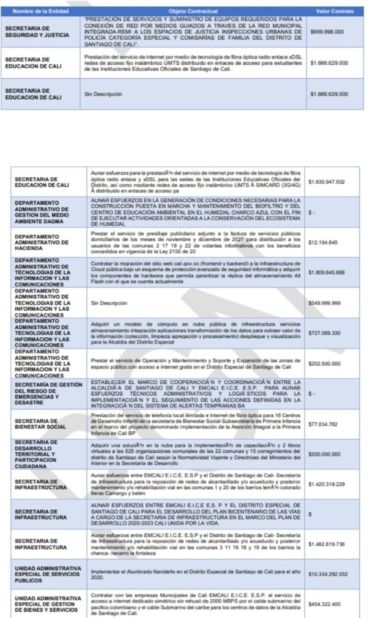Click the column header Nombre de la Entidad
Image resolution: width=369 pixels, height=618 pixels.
point(41,11)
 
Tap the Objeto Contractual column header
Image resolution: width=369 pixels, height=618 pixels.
point(193,11)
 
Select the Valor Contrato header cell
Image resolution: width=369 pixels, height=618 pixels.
point(334,11)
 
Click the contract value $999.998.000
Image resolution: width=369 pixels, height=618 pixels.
point(327,32)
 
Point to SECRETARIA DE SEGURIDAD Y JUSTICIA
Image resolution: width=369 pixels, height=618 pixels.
point(37,32)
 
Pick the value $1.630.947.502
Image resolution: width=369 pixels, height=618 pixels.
point(326,182)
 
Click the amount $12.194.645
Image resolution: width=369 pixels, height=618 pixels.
point(323,242)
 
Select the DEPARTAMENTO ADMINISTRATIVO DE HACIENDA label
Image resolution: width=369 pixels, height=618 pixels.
point(42,242)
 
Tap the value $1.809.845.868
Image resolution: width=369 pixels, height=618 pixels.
point(326,272)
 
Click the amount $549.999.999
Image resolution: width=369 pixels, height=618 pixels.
point(324,303)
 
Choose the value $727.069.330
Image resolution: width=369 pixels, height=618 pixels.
point(324,333)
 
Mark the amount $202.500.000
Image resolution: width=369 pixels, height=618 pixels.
point(324,364)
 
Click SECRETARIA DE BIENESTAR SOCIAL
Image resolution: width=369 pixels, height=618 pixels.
point(40,424)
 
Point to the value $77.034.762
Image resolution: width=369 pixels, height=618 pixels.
point(323,424)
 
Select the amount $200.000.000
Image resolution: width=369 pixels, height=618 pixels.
point(324,454)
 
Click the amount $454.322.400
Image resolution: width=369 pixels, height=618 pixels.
point(324,604)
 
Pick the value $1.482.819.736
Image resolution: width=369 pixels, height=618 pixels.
point(326,544)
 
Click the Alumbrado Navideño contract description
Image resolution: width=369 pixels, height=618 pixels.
point(195,574)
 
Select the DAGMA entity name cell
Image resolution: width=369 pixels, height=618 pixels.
point(42,212)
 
